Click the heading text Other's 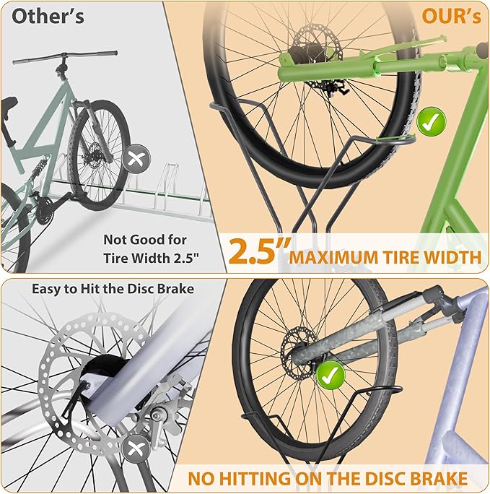coord(48,16)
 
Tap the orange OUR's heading coord(451,16)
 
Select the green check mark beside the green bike coord(431,121)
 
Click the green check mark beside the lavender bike coord(331,375)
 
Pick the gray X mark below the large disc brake coord(136,448)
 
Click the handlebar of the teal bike coord(64,57)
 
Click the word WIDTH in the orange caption coord(453,257)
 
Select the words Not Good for coord(145,240)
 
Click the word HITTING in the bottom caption coord(255,479)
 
